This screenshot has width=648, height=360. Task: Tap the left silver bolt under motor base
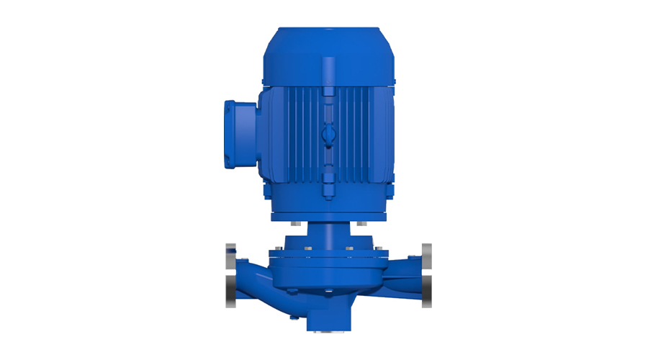[x=294, y=224]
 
